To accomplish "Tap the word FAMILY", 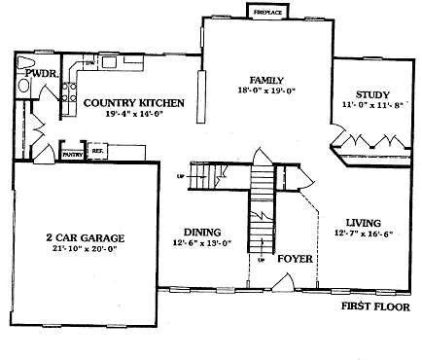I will pos(267,80).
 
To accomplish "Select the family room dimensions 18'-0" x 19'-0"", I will pos(267,91).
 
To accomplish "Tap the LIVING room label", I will pos(364,222).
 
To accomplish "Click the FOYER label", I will pos(295,260).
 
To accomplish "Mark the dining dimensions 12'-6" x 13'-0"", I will pos(201,243).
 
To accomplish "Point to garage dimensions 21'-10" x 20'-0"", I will pos(84,250).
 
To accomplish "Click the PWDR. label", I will pos(41,73).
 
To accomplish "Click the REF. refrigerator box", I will pos(97,152).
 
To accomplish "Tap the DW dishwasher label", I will pos(88,63).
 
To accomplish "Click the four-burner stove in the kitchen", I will pos(71,93).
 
